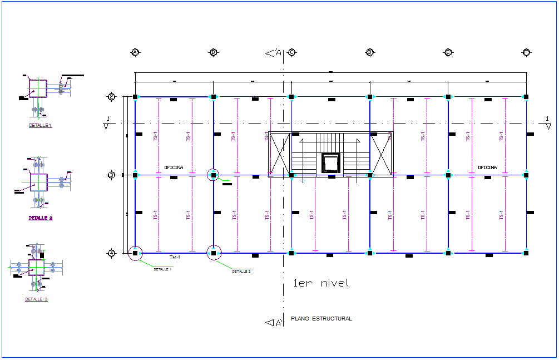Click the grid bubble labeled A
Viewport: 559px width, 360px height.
click(135, 52)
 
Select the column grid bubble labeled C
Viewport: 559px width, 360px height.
click(291, 52)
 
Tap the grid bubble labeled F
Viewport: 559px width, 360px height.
click(526, 52)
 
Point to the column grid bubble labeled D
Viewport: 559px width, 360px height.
click(369, 52)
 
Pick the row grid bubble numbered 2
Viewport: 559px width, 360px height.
click(111, 97)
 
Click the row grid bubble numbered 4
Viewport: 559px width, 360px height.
click(111, 253)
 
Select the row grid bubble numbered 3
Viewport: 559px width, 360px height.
click(111, 175)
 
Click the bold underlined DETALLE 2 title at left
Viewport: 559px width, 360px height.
click(41, 218)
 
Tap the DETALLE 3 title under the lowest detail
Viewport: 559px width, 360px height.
click(36, 299)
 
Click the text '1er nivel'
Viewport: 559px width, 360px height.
click(321, 283)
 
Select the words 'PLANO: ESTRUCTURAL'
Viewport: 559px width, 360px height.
click(321, 319)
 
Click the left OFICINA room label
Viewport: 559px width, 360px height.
click(174, 167)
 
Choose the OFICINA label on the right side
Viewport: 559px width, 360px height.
click(487, 167)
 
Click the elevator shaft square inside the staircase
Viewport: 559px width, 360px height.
click(330, 163)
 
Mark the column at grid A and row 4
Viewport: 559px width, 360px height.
click(135, 253)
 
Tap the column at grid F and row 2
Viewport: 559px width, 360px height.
click(526, 97)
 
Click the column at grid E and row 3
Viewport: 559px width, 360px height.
click(448, 175)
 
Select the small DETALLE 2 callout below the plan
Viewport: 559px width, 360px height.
click(241, 272)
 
